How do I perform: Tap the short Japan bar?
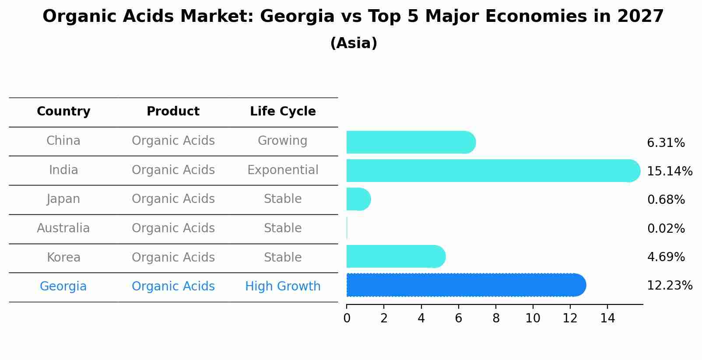358,199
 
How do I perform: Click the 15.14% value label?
669,171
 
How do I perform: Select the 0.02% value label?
666,229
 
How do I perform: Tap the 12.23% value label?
669,286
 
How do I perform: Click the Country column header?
63,112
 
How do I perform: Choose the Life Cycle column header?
283,112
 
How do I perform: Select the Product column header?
173,112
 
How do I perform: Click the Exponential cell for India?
283,170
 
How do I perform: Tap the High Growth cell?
283,287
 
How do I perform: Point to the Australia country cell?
63,228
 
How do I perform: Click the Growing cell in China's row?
283,141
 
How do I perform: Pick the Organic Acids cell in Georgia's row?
173,287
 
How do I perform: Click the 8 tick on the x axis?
496,318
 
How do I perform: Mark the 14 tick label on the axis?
607,318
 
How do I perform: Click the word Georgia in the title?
297,17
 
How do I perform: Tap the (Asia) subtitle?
354,43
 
